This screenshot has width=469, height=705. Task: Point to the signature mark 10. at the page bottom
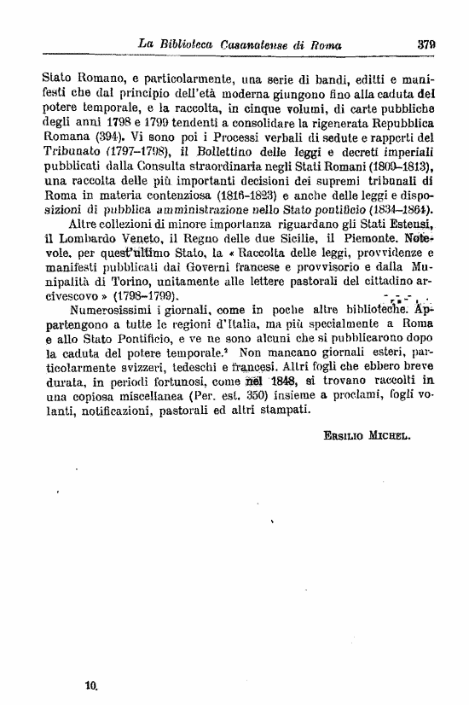[x=92, y=684]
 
